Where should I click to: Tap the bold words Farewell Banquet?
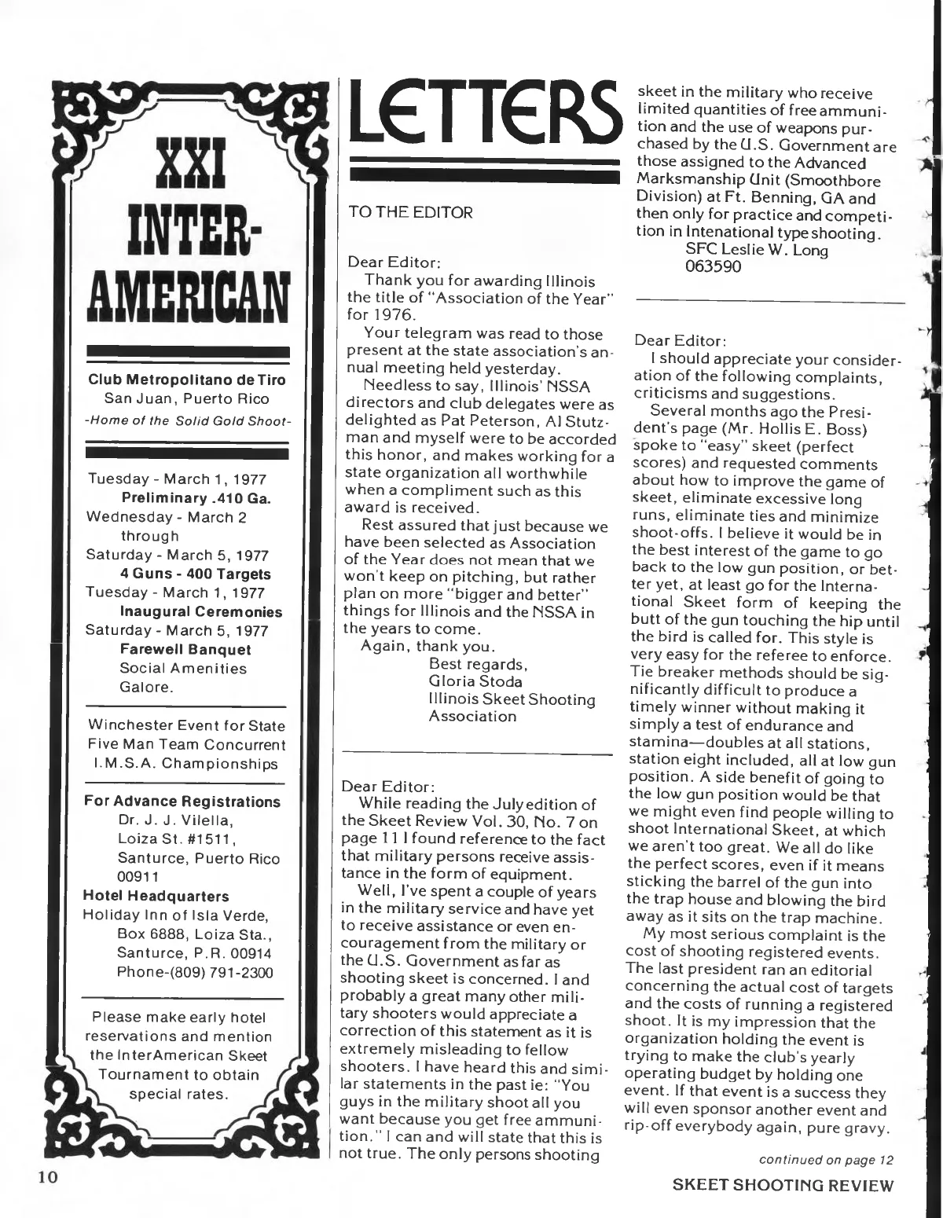pyautogui.click(x=185, y=650)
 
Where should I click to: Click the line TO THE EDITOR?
pyautogui.click(x=405, y=212)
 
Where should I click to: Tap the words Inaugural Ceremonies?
pyautogui.click(x=201, y=611)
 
